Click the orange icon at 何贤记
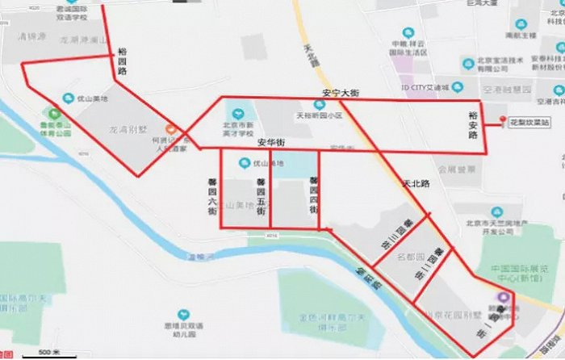(x=170, y=129)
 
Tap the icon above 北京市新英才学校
(x=237, y=113)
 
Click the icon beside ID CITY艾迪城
(x=458, y=87)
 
